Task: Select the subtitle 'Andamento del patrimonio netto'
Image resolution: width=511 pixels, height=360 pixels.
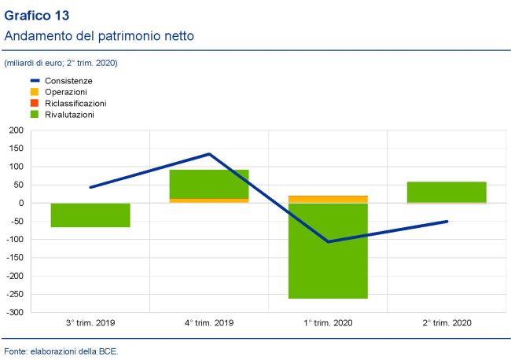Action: pyautogui.click(x=99, y=36)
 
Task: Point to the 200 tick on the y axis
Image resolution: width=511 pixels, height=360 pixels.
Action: pyautogui.click(x=16, y=130)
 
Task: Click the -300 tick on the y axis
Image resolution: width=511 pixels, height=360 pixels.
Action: pyautogui.click(x=14, y=312)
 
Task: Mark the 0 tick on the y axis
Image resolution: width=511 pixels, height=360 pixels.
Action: pyautogui.click(x=20, y=203)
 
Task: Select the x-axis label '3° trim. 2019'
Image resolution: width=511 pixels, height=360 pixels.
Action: pyautogui.click(x=90, y=322)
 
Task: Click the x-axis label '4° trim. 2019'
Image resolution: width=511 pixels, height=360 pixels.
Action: pyautogui.click(x=209, y=322)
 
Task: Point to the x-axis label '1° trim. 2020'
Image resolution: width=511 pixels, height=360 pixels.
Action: pyautogui.click(x=328, y=322)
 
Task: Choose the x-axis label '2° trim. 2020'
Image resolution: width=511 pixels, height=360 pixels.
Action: pyautogui.click(x=447, y=322)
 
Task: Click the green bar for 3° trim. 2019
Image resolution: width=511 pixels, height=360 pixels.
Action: pyautogui.click(x=90, y=215)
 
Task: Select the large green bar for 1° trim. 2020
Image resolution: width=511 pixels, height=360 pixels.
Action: pyautogui.click(x=328, y=251)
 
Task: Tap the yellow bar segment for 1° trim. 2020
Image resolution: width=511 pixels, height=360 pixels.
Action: pyautogui.click(x=328, y=199)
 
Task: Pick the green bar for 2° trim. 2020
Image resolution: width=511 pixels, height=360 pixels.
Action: pyautogui.click(x=447, y=192)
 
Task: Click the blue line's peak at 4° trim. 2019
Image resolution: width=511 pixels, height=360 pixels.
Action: pyautogui.click(x=209, y=154)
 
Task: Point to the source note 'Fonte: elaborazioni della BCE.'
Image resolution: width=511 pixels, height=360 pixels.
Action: pyautogui.click(x=61, y=350)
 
